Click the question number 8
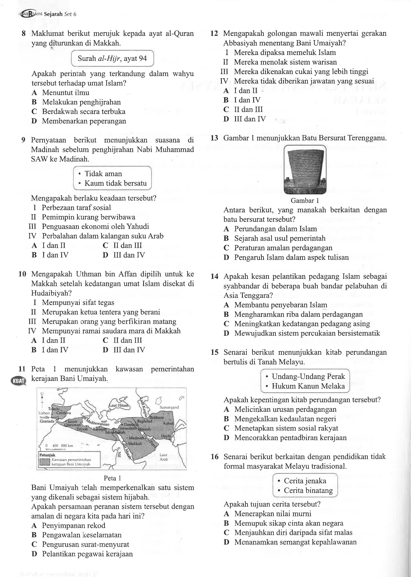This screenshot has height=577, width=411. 24,34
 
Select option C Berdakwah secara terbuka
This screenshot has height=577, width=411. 83,112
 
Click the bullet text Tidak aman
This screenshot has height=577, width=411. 103,174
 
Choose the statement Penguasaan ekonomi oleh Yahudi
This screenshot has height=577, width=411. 95,227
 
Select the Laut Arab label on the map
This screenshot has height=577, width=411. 164,457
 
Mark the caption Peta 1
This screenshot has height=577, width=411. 112,478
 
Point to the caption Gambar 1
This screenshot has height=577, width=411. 305,201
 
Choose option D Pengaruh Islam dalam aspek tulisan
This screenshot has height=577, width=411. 291,258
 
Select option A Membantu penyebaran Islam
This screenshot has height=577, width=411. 280,305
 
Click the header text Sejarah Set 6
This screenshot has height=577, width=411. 60,14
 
